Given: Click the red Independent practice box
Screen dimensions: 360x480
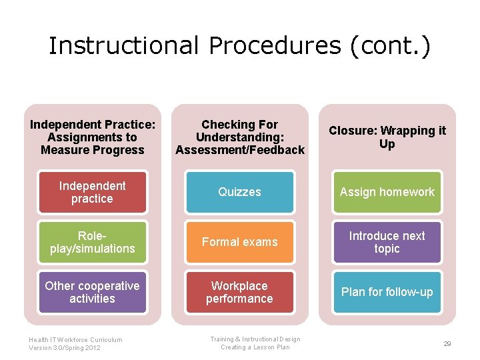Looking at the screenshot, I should [x=92, y=192].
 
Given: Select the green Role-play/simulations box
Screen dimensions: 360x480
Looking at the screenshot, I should [x=92, y=242].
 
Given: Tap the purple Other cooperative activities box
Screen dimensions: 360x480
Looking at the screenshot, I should [x=92, y=292].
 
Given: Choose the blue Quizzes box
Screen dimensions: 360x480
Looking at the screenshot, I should [x=239, y=192].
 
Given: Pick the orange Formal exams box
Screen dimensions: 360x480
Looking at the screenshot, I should [x=239, y=242].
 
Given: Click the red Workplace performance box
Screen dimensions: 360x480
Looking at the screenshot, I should [x=239, y=292].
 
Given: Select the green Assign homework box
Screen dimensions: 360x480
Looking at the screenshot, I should [x=387, y=192].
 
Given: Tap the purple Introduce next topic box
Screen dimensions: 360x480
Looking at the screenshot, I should [x=387, y=242].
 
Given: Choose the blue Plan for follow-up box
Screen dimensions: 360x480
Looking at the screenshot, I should [x=387, y=292].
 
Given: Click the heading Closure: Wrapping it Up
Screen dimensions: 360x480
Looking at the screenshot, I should [x=387, y=137].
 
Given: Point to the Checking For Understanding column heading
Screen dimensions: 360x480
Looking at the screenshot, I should [x=239, y=137].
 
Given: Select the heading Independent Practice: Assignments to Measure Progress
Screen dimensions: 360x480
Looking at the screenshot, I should [x=92, y=137].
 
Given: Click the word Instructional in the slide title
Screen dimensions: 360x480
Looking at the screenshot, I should [x=123, y=45].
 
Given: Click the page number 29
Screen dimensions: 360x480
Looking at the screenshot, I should [x=447, y=343].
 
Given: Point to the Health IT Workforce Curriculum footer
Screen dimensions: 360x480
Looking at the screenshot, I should [x=75, y=339].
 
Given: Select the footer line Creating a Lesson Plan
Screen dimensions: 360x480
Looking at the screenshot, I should [x=255, y=347].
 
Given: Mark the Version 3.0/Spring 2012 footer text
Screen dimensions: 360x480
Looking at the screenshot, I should [x=65, y=348].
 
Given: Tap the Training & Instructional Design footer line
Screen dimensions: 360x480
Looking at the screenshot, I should [x=255, y=339].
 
